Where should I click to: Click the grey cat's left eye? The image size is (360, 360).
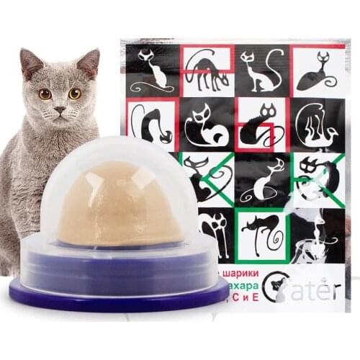45,94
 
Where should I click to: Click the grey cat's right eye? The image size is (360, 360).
75,94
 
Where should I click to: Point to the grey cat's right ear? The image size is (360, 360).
89,62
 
